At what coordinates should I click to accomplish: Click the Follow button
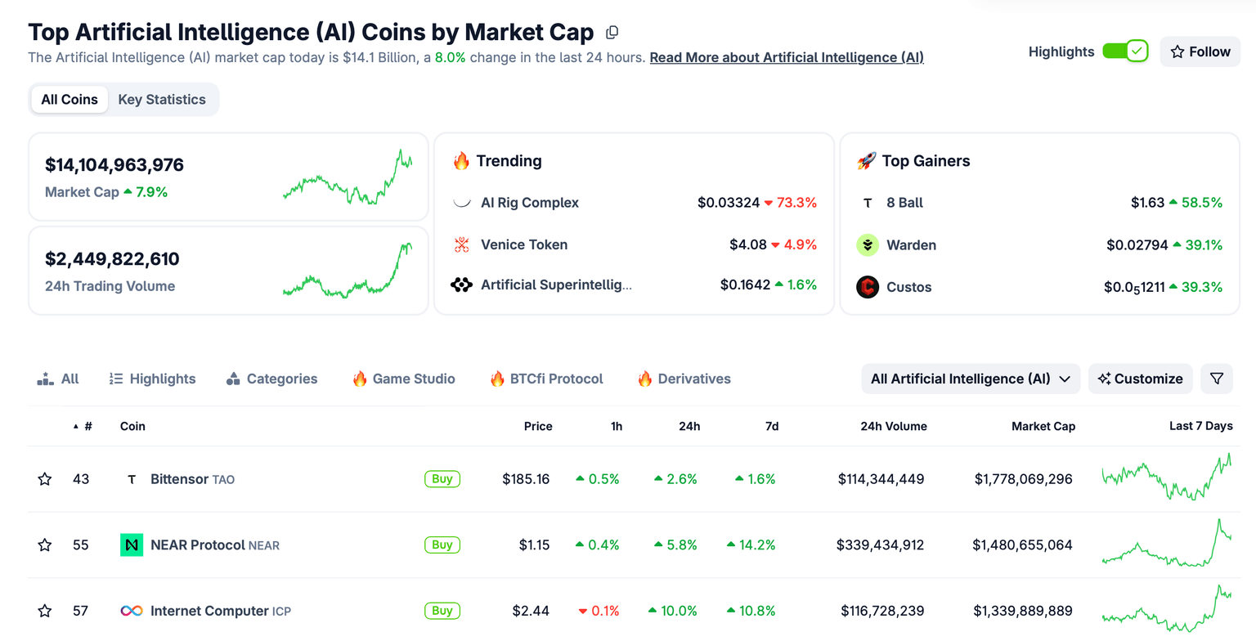1200,52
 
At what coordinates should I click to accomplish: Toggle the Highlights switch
1125,52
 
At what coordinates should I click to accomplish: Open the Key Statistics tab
162,100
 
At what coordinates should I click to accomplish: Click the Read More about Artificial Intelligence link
786,57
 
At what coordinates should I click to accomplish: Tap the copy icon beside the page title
612,33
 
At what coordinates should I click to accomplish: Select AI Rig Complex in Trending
529,203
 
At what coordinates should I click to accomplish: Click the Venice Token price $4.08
747,244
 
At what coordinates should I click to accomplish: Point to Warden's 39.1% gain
1198,244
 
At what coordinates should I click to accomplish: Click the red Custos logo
868,287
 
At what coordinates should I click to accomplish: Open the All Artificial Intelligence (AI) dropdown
970,379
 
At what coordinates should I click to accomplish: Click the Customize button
1140,379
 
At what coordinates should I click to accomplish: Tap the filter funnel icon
1217,379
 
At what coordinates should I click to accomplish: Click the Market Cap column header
1043,426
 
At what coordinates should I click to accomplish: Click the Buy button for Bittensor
442,479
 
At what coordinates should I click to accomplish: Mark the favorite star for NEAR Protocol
45,545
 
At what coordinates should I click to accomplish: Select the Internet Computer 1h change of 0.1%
599,611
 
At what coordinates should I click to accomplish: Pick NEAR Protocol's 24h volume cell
880,545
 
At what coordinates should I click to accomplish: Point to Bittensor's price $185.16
526,479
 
